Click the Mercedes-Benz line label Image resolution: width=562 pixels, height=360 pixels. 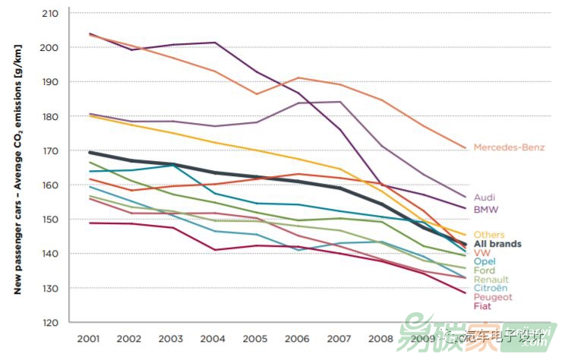click(508, 147)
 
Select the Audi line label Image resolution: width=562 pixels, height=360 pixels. click(484, 197)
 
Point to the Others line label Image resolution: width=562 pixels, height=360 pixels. click(488, 235)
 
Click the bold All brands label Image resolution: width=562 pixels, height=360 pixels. click(497, 244)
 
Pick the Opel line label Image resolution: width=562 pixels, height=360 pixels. click(484, 261)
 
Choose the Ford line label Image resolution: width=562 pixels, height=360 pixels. click(484, 270)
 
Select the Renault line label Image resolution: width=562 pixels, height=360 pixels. click(491, 279)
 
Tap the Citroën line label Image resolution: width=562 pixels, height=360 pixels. click(491, 289)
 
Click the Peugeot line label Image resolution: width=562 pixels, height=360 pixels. click(492, 298)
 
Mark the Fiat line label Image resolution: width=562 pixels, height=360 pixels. click(481, 306)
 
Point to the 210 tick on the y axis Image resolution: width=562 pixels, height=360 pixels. click(52, 14)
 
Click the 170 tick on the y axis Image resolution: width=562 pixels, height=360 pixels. click(52, 150)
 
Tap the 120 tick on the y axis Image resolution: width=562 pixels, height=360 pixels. click(52, 322)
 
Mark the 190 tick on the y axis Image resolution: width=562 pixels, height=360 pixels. click(52, 82)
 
